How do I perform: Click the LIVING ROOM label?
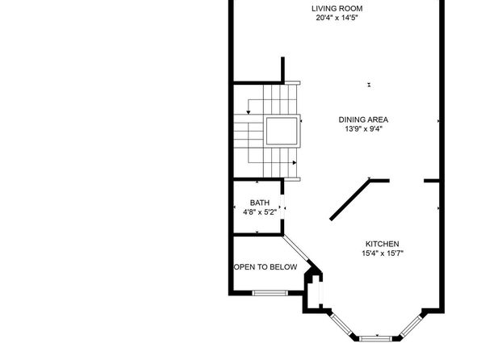point(337,9)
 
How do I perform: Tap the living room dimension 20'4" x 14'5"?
point(337,18)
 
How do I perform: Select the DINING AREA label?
point(363,119)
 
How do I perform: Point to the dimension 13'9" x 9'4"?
point(363,129)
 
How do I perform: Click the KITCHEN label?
point(383,244)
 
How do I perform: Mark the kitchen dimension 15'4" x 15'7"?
point(383,253)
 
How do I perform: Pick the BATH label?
point(260,203)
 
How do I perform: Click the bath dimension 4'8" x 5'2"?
point(260,212)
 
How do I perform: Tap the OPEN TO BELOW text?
point(266,267)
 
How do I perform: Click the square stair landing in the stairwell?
point(282,131)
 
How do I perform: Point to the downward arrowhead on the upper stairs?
point(249,112)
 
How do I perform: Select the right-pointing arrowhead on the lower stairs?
point(295,163)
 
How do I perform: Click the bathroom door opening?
point(282,207)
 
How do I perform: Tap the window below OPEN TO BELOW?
point(270,293)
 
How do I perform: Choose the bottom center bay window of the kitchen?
point(375,339)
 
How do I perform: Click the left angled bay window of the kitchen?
point(342,325)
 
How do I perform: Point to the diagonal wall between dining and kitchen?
point(350,200)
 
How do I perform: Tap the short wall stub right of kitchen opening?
point(432,181)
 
